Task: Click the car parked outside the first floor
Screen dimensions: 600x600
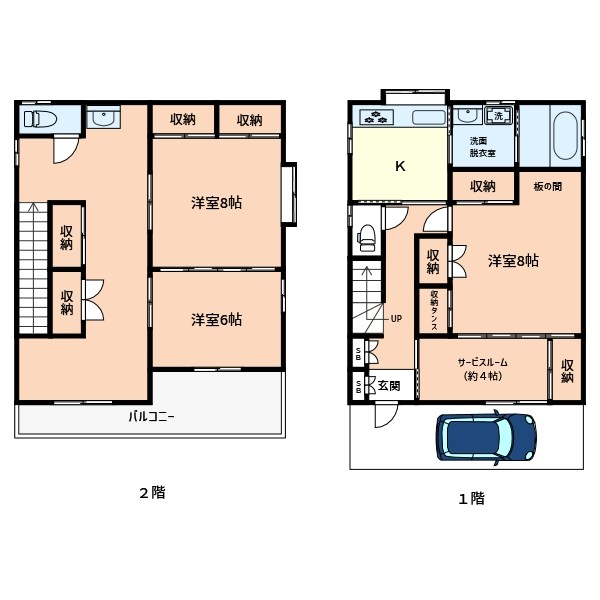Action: [x=486, y=438]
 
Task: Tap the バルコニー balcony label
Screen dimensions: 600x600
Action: [x=151, y=416]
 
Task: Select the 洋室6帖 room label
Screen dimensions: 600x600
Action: [x=217, y=320]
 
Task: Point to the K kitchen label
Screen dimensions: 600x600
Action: [x=400, y=166]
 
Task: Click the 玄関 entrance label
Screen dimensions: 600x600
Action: [x=389, y=385]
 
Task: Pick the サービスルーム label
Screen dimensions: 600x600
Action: [x=483, y=362]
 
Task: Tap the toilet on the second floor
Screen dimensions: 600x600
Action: [x=40, y=119]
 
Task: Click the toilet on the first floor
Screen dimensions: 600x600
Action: [x=367, y=238]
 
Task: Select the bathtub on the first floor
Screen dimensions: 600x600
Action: [x=566, y=136]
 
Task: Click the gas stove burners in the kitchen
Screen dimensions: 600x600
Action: [x=377, y=117]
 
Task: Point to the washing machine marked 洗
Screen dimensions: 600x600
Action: [x=498, y=116]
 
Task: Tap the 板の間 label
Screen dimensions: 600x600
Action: [x=548, y=186]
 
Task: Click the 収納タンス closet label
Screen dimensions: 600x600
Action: [x=434, y=310]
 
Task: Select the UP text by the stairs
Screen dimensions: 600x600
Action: [x=396, y=318]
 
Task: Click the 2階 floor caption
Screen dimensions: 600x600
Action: [x=152, y=493]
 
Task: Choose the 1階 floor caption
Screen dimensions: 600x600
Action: [x=471, y=499]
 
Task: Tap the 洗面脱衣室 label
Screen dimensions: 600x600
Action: [x=483, y=147]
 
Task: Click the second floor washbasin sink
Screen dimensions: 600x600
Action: [x=104, y=117]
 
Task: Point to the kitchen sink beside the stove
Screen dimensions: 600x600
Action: [x=429, y=117]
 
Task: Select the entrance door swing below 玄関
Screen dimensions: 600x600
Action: [x=385, y=415]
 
